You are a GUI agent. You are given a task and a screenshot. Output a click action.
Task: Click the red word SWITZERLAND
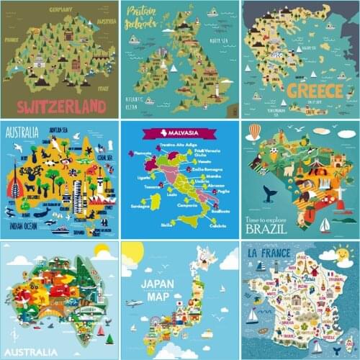point(60,107)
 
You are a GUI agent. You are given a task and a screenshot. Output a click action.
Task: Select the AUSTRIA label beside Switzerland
point(105,21)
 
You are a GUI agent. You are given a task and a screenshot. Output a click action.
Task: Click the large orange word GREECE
point(316,91)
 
